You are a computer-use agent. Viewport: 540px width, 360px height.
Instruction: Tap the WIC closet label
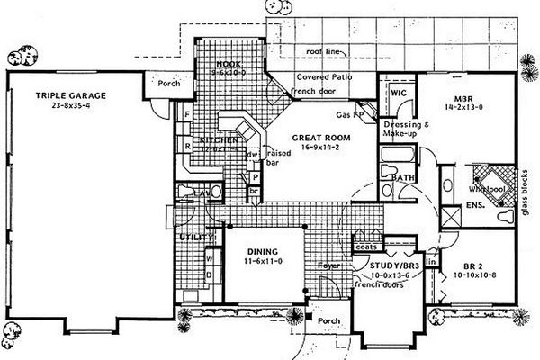pyautogui.click(x=398, y=92)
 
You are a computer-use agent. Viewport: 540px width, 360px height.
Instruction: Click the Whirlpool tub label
pyautogui.click(x=485, y=191)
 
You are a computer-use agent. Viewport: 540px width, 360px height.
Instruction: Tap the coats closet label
pyautogui.click(x=365, y=245)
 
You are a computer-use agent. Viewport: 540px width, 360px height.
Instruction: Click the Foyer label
pyautogui.click(x=328, y=265)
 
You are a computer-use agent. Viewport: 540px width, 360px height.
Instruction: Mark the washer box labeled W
pyautogui.click(x=210, y=256)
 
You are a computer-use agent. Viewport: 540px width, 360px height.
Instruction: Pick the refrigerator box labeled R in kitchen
pyautogui.click(x=186, y=144)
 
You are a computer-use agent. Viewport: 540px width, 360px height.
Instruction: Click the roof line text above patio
pyautogui.click(x=322, y=53)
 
